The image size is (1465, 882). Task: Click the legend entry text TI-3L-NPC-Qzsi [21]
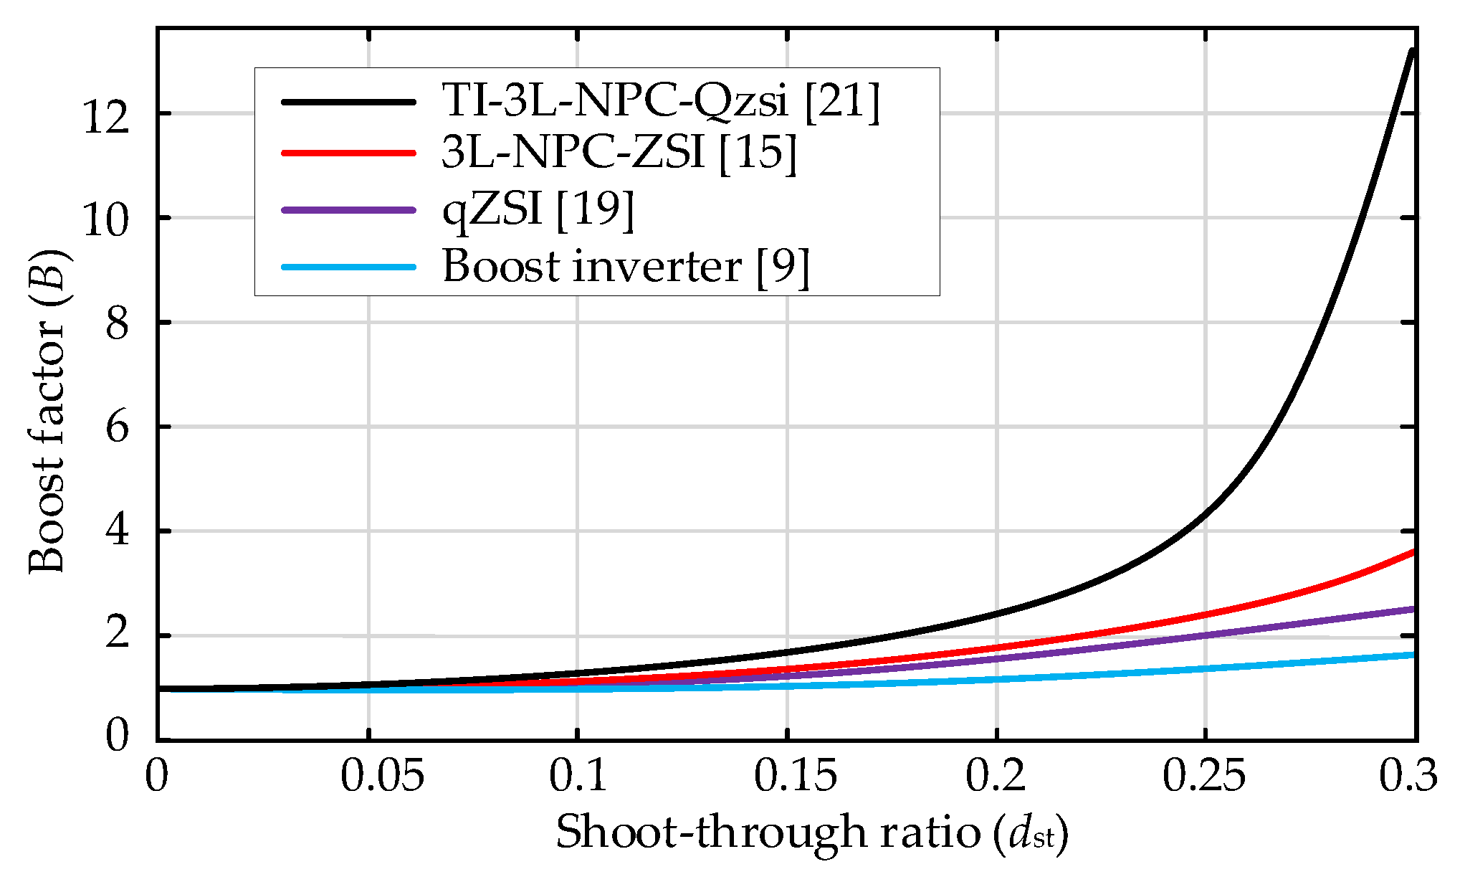tap(659, 100)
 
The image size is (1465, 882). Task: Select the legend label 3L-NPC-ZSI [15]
tap(618, 152)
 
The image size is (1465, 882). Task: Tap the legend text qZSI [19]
tap(538, 209)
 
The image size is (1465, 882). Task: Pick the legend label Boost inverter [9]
tap(625, 267)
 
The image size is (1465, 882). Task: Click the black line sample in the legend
tap(349, 102)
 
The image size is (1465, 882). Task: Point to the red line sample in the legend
tap(349, 153)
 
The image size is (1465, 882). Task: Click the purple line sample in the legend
tap(349, 210)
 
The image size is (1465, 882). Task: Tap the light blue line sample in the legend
tap(349, 267)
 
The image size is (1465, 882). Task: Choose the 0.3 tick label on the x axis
tap(1408, 777)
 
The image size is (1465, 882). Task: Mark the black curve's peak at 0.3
tap(1412, 50)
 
